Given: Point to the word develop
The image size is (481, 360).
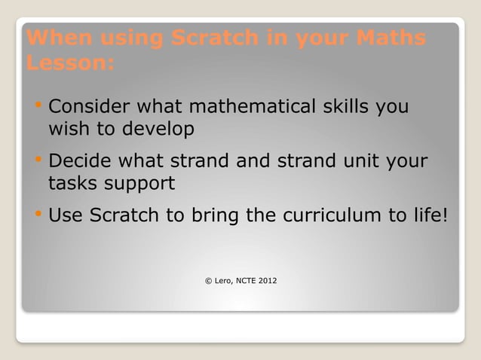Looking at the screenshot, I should tap(155, 130).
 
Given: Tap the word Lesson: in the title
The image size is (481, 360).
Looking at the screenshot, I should tap(70, 63).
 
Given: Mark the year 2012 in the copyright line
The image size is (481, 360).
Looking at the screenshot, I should tap(267, 281).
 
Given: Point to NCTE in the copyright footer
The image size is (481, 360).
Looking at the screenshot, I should tap(246, 281).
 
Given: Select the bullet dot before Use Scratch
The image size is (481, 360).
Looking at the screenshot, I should tap(38, 214).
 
